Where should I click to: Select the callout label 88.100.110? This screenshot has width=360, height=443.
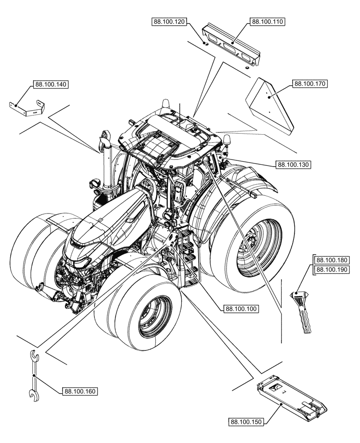268,22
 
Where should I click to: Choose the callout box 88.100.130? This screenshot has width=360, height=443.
293,164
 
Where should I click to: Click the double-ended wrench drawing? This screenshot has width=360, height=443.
33,372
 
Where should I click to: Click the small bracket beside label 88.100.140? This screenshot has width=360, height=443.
27,108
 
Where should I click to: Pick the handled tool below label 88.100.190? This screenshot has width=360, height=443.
303,310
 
